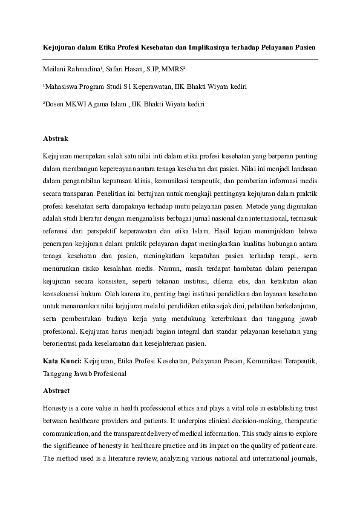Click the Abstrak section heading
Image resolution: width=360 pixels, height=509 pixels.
55,138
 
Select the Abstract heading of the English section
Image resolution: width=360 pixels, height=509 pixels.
56,391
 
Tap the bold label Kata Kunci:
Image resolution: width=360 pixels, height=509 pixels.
62,361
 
